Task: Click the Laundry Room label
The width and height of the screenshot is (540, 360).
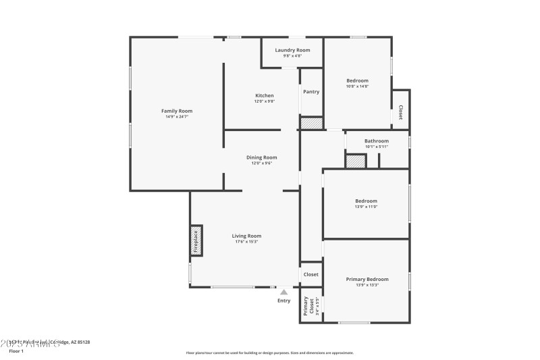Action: coord(292,50)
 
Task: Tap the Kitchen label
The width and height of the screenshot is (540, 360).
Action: coord(264,95)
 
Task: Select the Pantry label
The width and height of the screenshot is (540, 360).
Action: coord(311,92)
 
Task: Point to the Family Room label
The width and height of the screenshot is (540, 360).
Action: coord(176,111)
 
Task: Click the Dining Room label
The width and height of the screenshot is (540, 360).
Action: coord(264,157)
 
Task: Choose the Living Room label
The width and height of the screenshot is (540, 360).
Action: coord(248,236)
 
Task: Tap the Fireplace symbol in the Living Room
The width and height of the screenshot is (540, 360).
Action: coord(196,241)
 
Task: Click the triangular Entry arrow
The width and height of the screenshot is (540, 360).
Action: coord(284,292)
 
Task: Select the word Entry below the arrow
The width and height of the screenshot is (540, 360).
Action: coord(284,301)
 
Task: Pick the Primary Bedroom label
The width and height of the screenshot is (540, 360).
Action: coord(367,279)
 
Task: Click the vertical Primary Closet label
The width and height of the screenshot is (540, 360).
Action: coord(306,306)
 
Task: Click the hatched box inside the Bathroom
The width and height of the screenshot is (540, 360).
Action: coord(355,161)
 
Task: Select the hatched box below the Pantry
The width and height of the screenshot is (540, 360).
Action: coord(311,124)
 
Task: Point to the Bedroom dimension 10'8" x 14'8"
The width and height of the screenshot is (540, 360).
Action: coord(357,86)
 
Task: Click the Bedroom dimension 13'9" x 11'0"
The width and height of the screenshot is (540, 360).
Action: coord(367,207)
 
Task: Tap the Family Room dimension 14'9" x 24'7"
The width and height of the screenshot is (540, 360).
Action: coord(176,117)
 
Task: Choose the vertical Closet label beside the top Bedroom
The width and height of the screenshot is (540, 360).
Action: coord(401,112)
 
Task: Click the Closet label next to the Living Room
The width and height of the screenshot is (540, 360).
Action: coord(311,274)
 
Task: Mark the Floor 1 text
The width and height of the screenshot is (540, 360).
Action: coord(16,351)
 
